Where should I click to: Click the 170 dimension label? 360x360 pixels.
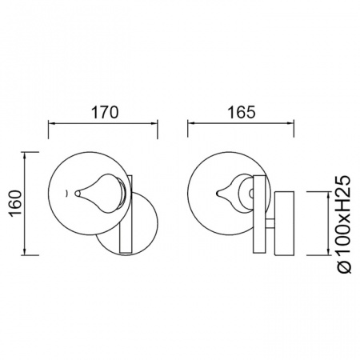105,112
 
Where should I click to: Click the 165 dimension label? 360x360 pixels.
242,112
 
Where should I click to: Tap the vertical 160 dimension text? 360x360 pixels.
16,203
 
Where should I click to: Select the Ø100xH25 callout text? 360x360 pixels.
343,224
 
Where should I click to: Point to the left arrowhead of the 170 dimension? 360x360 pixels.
52,123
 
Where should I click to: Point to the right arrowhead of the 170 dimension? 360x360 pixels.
154,123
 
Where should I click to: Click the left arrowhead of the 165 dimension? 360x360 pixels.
191,123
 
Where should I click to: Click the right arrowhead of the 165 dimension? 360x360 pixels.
290,123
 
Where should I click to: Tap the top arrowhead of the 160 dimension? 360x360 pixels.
25,155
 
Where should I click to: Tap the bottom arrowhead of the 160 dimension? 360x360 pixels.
25,252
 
